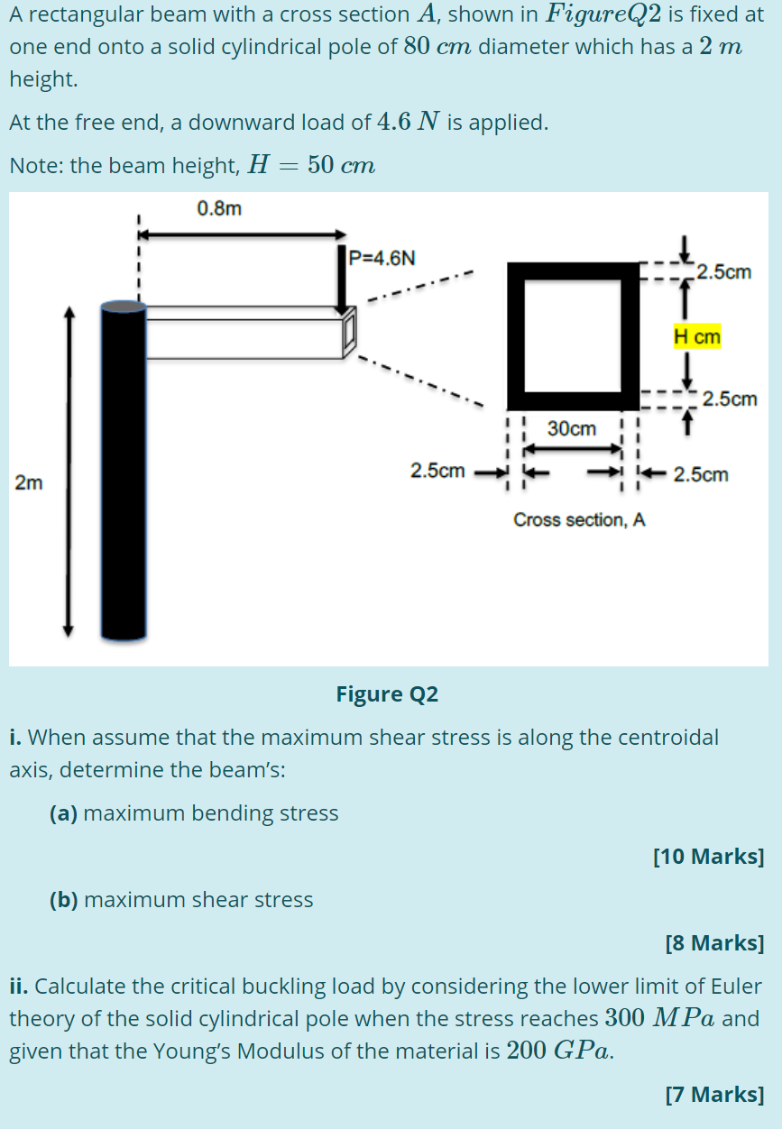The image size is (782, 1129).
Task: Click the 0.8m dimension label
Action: coord(219,209)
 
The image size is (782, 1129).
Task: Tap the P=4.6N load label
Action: coord(382,258)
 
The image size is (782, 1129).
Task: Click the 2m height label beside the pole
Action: coord(28,482)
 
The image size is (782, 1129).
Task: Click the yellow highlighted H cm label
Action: coord(697,337)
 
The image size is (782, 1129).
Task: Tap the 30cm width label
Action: coord(572,428)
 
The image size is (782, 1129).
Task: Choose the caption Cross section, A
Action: coord(579,520)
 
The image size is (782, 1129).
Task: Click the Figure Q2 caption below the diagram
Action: coord(387,693)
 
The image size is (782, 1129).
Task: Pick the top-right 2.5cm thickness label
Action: coord(724,271)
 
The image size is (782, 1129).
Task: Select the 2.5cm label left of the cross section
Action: coord(437,470)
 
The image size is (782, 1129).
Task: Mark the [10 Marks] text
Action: coord(708,856)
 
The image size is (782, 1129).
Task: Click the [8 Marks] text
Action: coord(713,942)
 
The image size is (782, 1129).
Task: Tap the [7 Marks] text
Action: coord(713,1094)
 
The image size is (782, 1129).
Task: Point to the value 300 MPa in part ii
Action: coord(661,1018)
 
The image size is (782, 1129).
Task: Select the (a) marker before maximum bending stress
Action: coord(62,812)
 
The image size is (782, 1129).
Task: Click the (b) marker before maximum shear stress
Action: coord(62,899)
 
